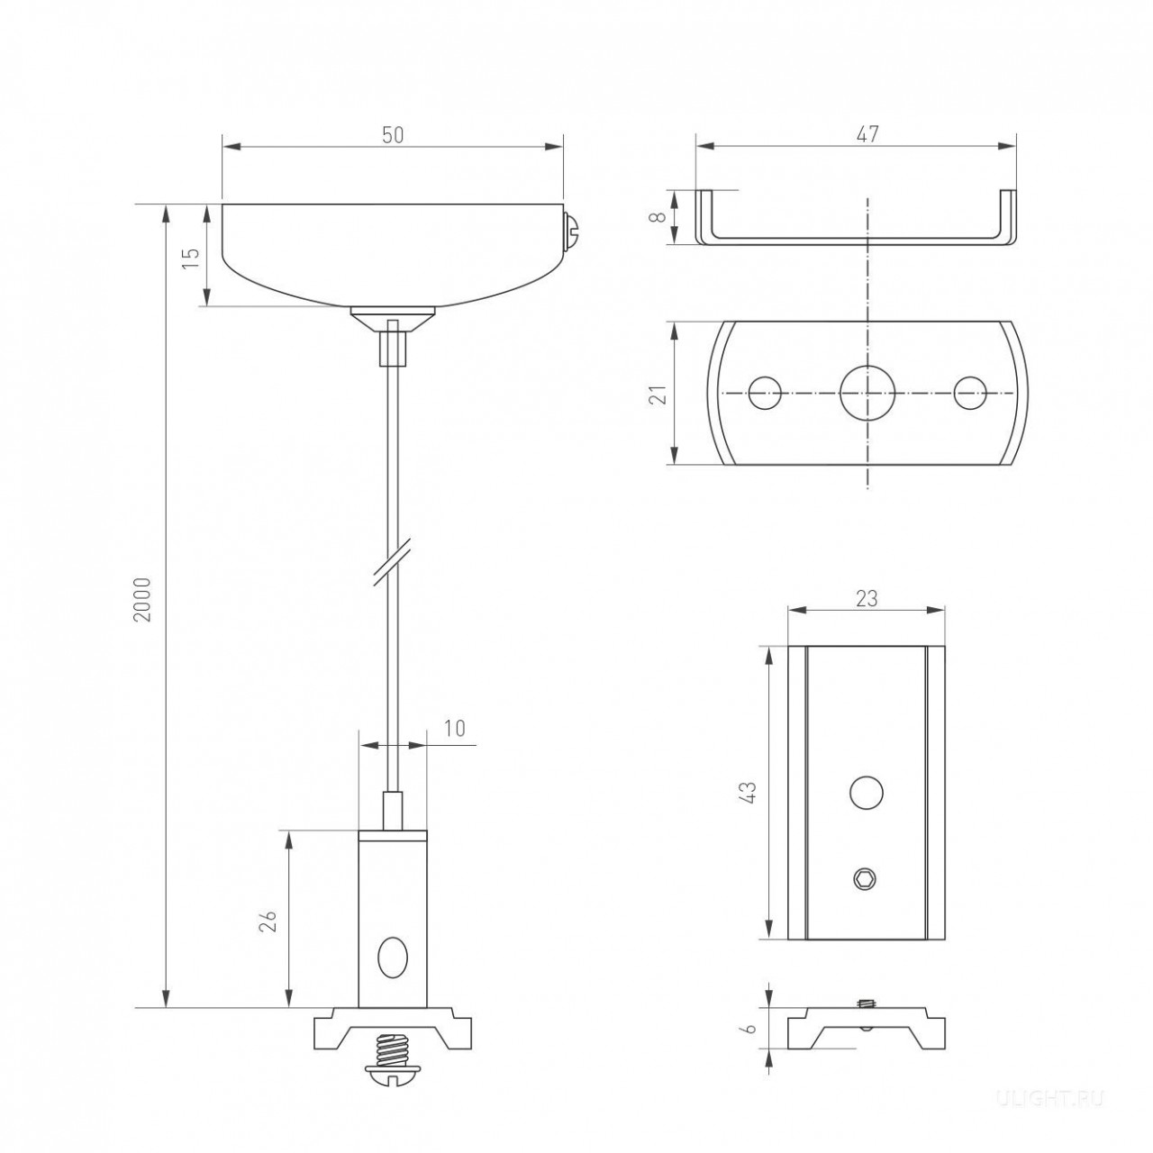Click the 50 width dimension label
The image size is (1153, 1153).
point(393,136)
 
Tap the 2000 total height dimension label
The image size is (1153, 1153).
point(143,600)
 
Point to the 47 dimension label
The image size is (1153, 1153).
point(867,134)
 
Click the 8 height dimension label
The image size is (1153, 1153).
point(658,216)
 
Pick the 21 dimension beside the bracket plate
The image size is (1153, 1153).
point(658,395)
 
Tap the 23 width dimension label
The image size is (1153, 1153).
point(867,598)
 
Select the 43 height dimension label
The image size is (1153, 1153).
point(749,792)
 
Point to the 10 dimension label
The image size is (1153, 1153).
point(455,728)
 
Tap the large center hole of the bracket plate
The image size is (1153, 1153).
point(867,393)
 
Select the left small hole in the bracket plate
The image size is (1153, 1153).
point(765,393)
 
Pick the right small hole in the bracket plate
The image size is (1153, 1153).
point(970,393)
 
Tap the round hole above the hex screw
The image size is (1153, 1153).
point(867,792)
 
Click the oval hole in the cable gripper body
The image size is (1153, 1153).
point(393,958)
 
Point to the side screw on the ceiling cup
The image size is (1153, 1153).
point(572,231)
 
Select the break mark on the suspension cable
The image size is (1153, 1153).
point(393,562)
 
